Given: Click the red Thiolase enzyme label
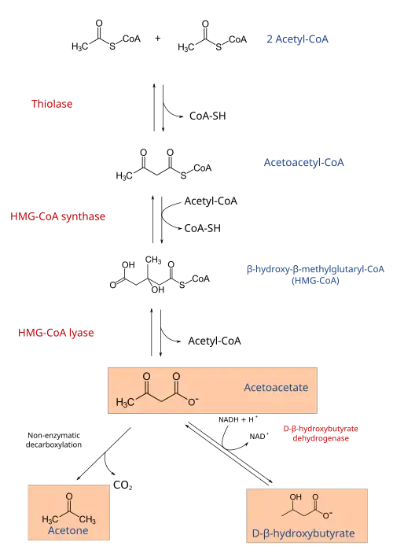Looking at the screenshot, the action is [x=52, y=104].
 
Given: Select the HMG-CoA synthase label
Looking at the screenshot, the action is [x=58, y=216].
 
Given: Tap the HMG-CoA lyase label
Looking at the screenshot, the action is [x=56, y=333].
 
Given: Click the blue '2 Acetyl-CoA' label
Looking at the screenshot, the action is [x=298, y=39].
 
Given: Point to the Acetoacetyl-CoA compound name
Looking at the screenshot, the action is [x=304, y=163].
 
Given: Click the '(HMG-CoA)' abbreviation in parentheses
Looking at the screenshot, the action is [x=315, y=281].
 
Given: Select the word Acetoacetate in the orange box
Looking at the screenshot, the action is [x=276, y=387].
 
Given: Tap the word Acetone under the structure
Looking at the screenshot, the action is [x=68, y=531].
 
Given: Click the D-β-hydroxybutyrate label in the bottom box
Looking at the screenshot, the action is [x=303, y=533].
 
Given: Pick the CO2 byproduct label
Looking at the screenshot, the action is [x=123, y=485].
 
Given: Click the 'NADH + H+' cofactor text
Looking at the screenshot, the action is [x=238, y=419].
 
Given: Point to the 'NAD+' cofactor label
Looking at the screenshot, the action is [x=259, y=436].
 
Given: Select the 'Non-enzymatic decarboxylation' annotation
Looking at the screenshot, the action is [x=53, y=440].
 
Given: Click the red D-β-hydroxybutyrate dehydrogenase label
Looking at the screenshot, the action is [x=321, y=433].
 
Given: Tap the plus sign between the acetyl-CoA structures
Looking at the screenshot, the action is [x=158, y=38].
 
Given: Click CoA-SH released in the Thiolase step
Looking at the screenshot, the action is [x=208, y=116].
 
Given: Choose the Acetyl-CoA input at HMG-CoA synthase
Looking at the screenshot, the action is [x=211, y=201].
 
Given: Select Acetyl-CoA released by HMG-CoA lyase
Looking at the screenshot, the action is [x=215, y=341].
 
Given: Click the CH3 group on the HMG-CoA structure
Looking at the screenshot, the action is [x=153, y=260].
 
